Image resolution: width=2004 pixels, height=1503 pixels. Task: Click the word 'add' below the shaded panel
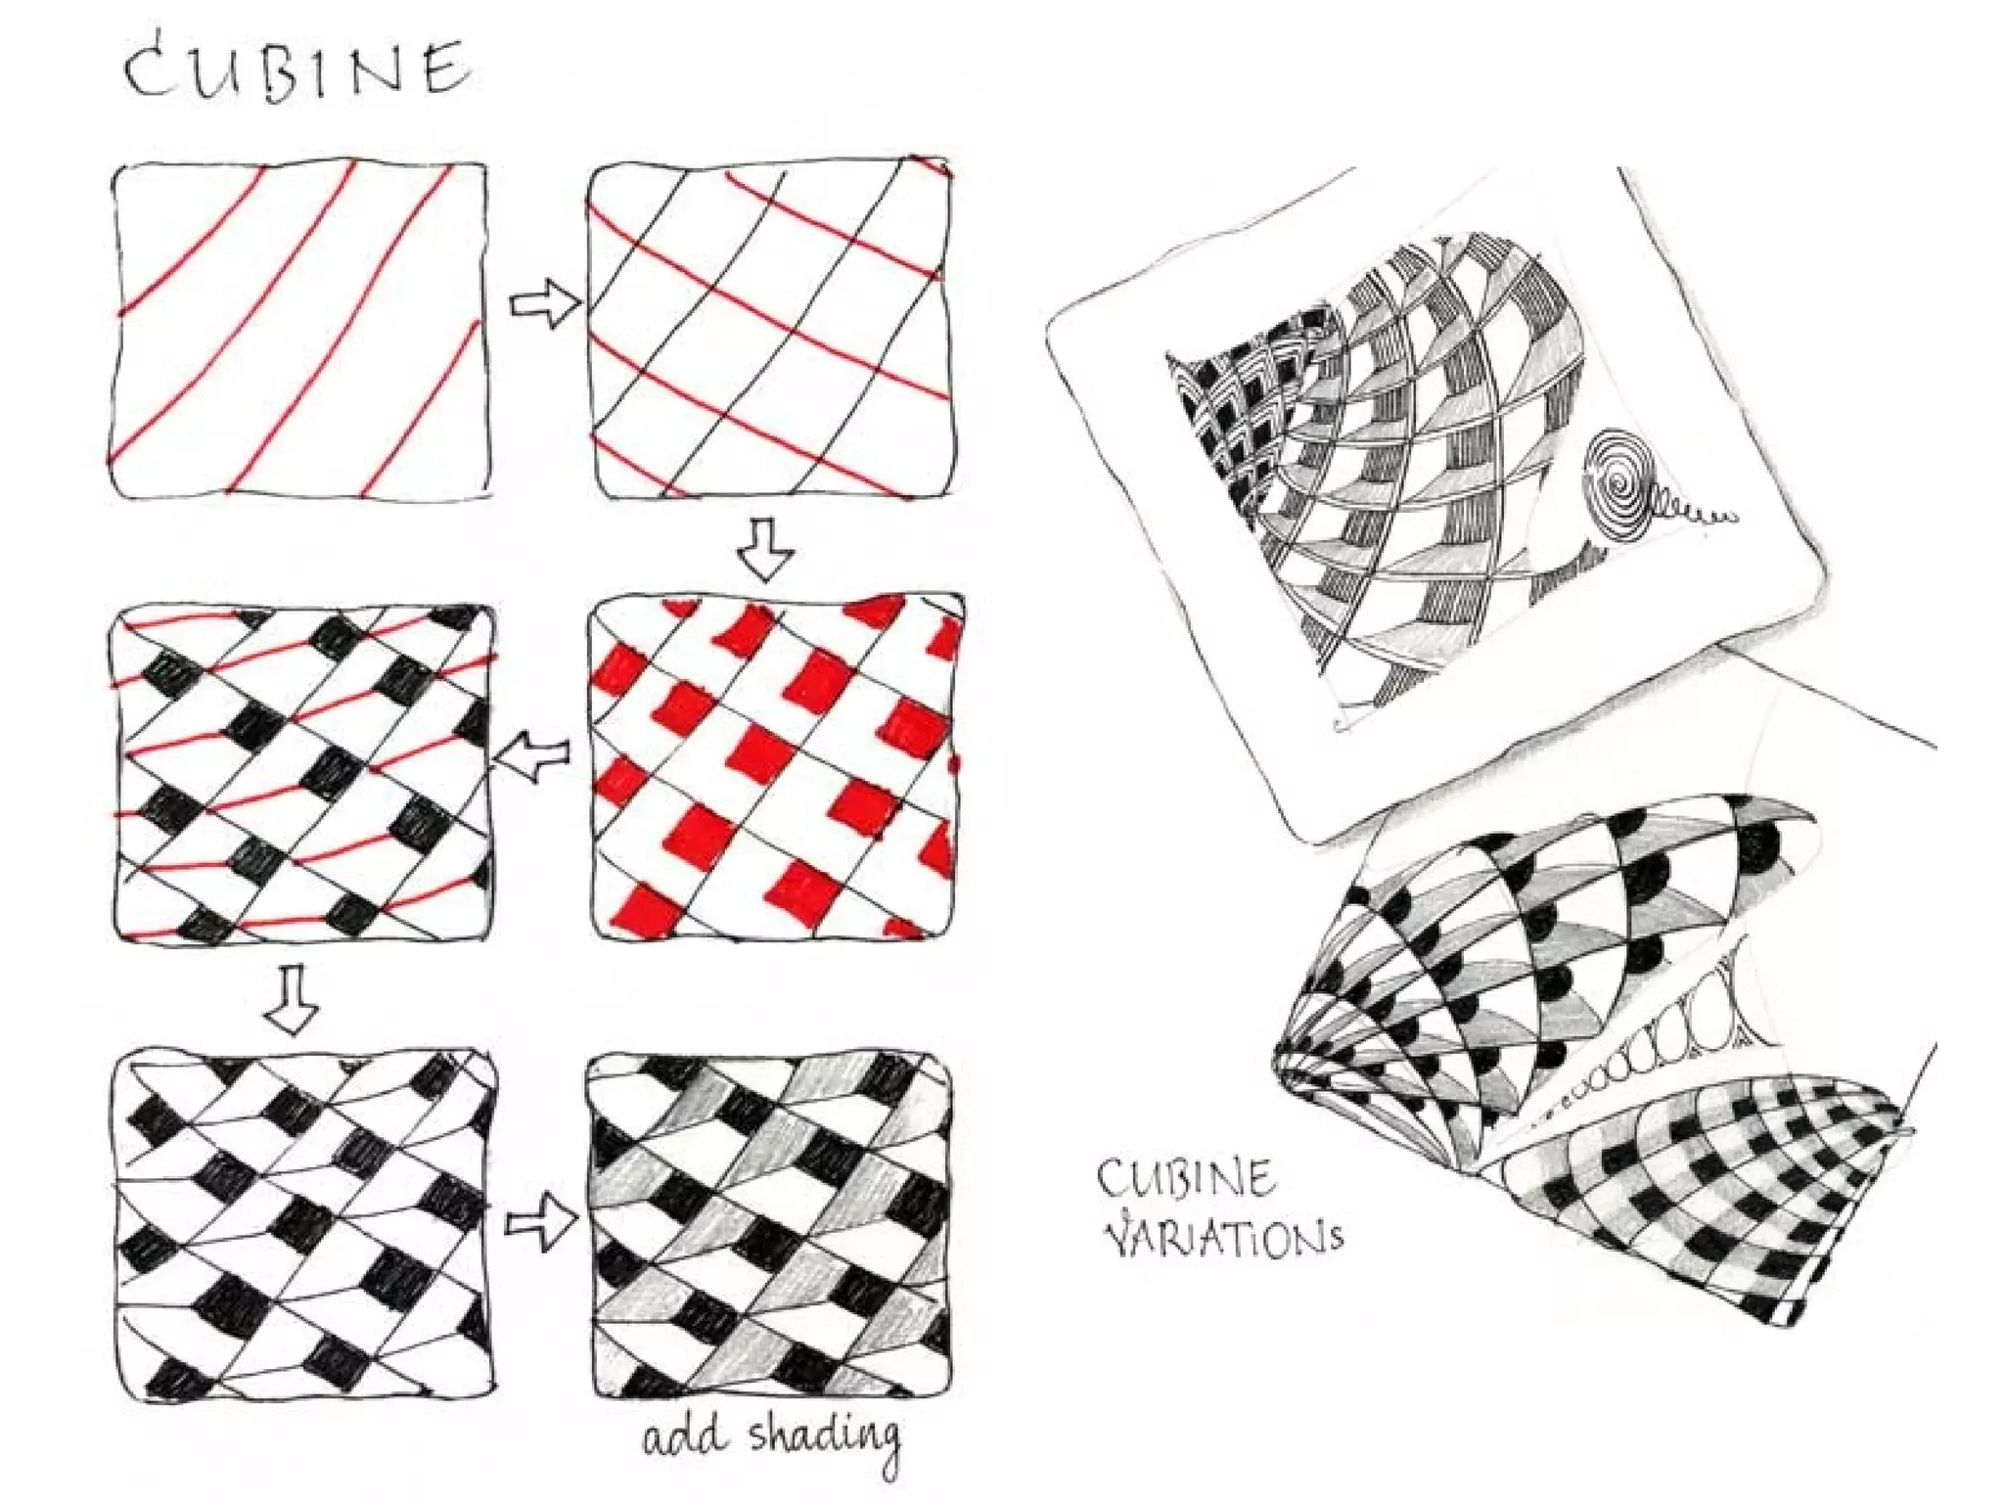click(x=685, y=1436)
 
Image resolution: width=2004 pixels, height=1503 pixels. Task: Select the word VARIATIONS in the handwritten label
click(x=1223, y=1237)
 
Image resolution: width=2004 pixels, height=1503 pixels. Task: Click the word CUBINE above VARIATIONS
click(x=1186, y=1178)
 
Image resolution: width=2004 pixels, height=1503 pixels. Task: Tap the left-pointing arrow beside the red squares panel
click(x=533, y=755)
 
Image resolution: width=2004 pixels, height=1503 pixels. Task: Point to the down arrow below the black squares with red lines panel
click(x=293, y=998)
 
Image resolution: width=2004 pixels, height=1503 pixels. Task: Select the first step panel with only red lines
click(x=300, y=330)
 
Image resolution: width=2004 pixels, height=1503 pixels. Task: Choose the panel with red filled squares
click(x=776, y=767)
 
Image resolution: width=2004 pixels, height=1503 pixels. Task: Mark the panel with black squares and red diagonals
click(x=303, y=773)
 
